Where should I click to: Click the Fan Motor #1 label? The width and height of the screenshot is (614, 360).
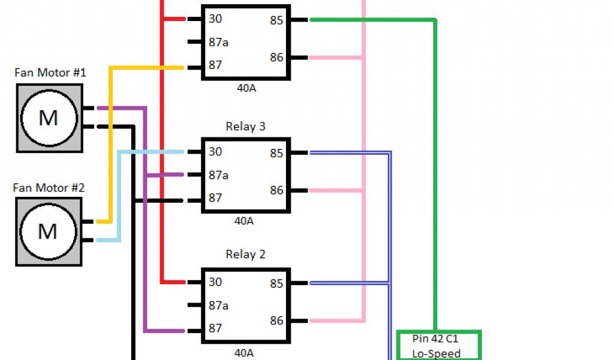(50, 73)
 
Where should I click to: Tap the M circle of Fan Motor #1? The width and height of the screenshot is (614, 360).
(49, 118)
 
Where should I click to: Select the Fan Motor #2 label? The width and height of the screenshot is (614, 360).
(49, 188)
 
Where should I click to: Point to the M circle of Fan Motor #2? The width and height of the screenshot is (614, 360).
(48, 231)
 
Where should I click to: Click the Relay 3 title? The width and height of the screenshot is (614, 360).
(245, 127)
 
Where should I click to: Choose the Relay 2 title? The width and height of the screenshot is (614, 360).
(245, 254)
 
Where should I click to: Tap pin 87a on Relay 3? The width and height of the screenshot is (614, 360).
(218, 175)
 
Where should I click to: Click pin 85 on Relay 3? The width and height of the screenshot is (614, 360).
(276, 153)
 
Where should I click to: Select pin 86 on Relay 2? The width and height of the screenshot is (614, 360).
(276, 320)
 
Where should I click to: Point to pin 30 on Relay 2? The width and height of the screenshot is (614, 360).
(215, 282)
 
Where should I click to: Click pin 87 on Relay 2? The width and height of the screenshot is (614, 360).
(215, 328)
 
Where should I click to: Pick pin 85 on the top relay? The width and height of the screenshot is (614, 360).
(276, 20)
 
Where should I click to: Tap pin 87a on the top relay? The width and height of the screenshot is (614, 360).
(218, 43)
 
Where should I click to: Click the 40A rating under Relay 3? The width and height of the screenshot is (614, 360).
(244, 221)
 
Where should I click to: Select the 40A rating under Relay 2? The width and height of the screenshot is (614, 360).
(244, 353)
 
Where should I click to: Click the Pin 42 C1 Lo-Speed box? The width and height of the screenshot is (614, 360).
(439, 346)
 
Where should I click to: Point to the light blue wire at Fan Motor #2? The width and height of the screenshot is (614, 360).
(108, 240)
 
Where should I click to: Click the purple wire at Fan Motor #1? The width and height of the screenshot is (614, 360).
(120, 109)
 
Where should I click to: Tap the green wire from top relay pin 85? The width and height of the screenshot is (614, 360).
(372, 20)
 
